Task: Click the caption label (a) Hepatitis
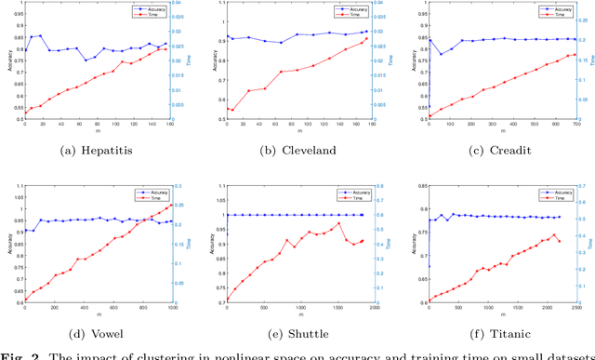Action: [x=95, y=146]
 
